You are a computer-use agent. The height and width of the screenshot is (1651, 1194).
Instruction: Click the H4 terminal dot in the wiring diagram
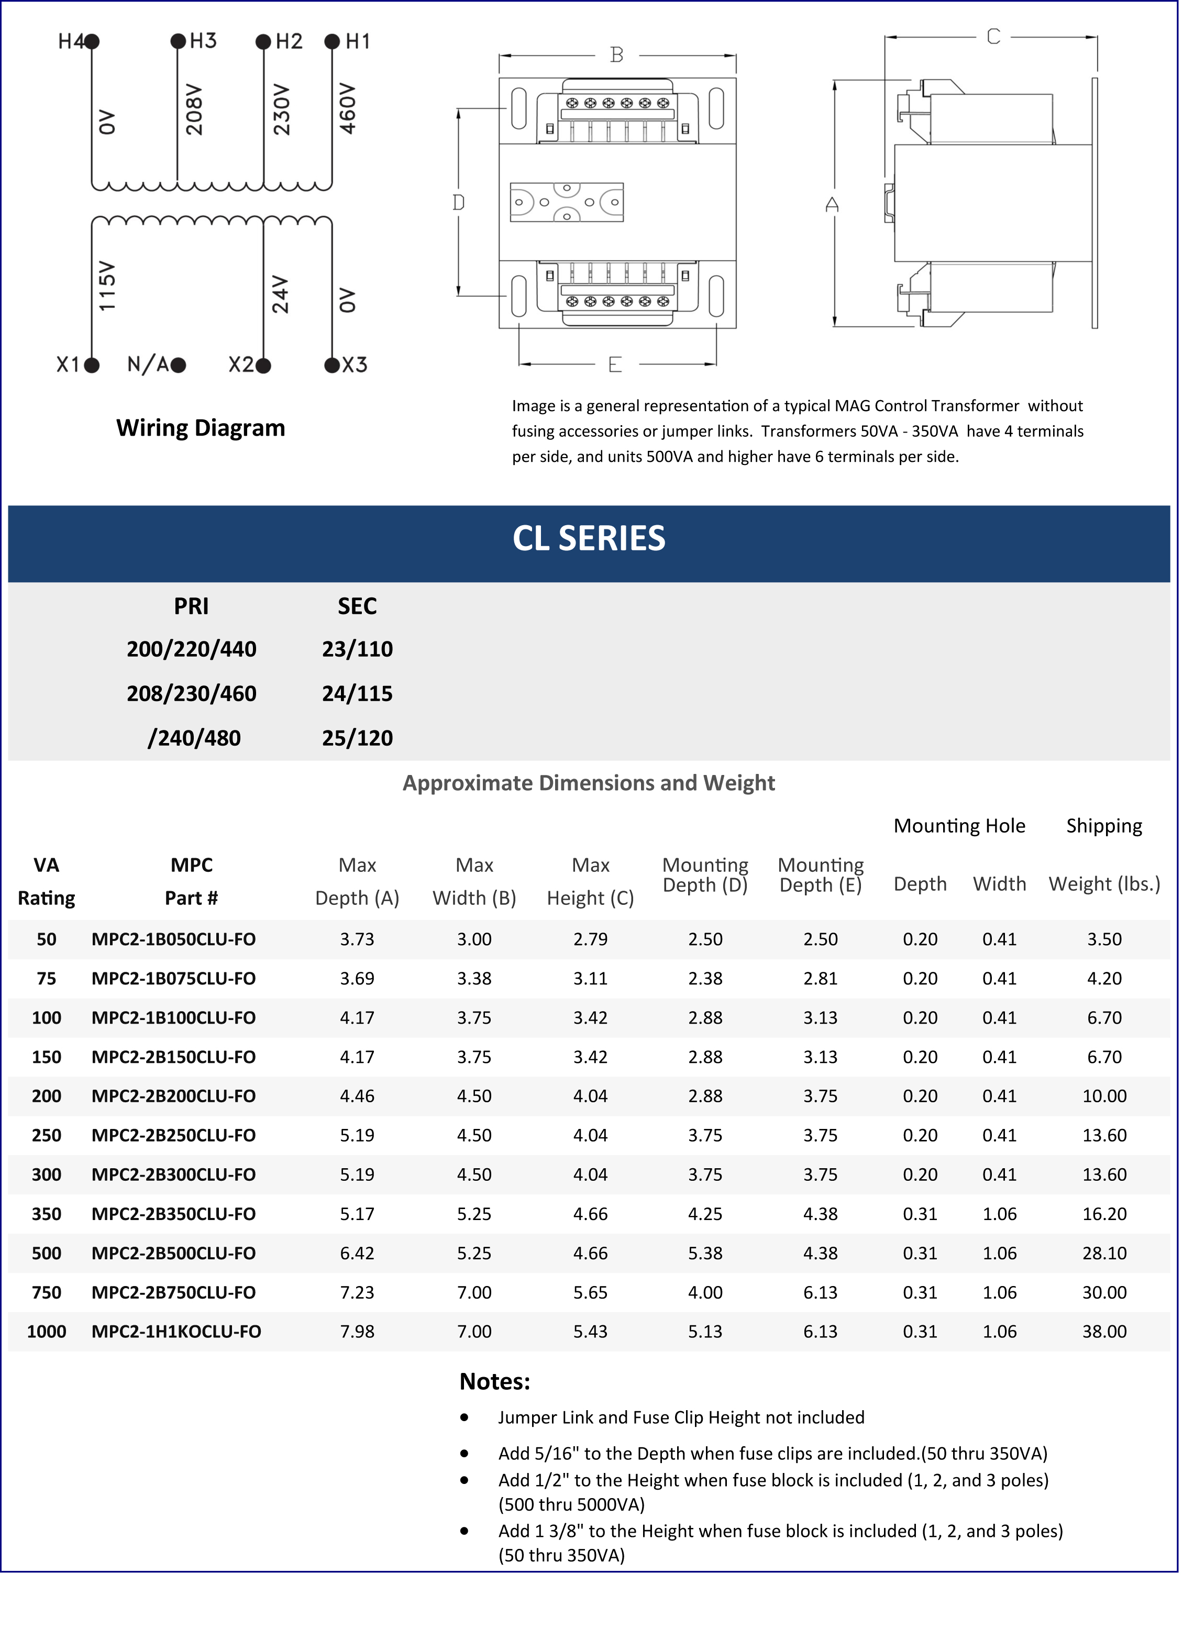point(93,41)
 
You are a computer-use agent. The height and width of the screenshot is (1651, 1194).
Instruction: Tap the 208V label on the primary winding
point(194,109)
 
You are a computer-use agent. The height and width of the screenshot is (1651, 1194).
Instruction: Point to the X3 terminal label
point(355,364)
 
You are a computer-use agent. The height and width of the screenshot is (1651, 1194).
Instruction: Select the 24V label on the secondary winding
point(280,294)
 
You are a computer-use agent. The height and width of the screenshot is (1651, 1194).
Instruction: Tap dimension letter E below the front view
point(615,364)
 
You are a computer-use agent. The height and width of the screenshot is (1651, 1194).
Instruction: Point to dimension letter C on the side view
point(993,37)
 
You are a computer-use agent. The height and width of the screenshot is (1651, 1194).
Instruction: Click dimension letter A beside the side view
point(832,205)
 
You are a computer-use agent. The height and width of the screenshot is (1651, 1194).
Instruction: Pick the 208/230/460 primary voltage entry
point(192,694)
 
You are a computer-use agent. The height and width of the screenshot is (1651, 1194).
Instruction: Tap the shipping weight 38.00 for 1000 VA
point(1104,1332)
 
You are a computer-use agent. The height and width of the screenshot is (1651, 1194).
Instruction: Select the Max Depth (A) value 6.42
point(357,1253)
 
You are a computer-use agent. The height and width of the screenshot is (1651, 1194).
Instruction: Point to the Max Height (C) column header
point(590,882)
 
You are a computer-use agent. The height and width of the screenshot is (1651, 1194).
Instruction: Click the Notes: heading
point(494,1382)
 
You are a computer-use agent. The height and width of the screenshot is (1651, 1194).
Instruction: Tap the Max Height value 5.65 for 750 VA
point(590,1292)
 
